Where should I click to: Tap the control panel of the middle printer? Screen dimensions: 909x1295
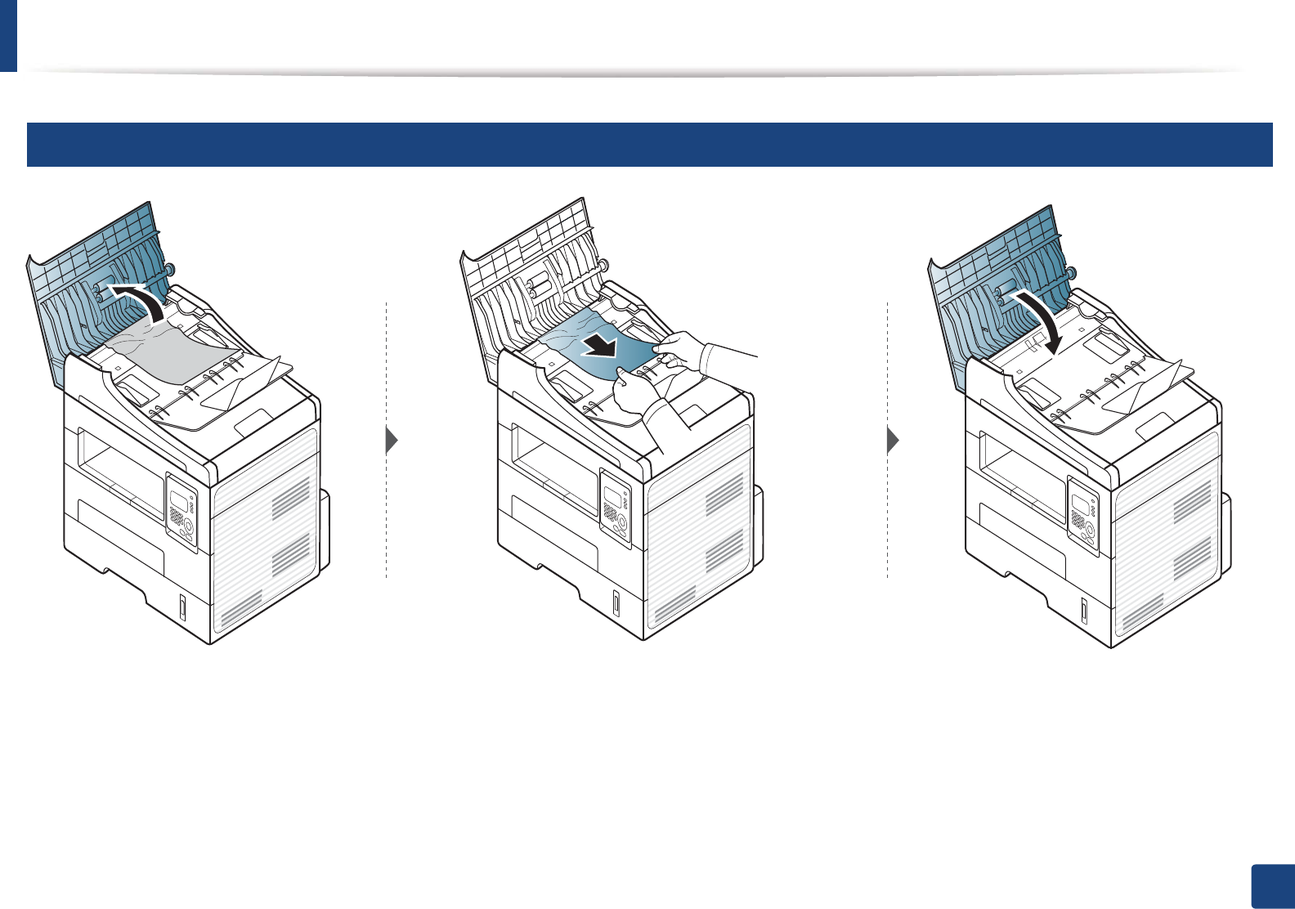(x=615, y=507)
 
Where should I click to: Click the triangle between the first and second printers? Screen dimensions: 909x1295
(x=392, y=441)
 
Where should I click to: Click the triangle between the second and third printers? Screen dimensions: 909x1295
(x=893, y=441)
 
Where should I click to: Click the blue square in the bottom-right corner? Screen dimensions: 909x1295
(x=1272, y=886)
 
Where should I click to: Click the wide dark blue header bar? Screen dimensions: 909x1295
(x=649, y=145)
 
